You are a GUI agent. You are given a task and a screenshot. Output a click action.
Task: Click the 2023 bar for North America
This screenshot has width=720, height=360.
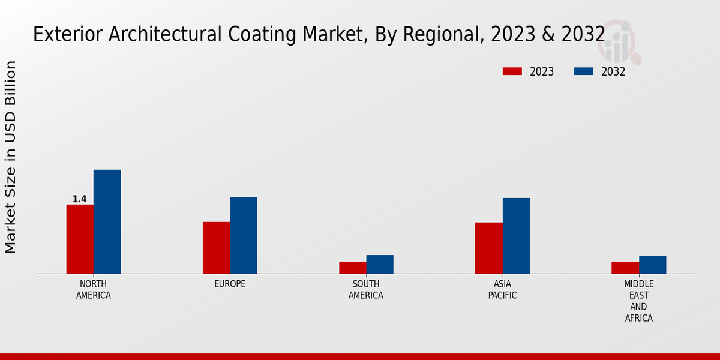[80, 239]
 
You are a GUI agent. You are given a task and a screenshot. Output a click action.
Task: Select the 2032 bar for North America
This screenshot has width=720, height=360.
[107, 221]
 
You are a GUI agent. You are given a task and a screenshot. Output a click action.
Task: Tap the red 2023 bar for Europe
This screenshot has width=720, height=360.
[216, 248]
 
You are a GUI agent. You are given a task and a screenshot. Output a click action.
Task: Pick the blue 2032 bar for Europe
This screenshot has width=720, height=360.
[243, 235]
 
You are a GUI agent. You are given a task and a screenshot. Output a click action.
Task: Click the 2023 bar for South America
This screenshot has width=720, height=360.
[352, 268]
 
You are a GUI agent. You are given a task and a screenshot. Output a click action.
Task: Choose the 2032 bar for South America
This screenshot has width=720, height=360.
[380, 265]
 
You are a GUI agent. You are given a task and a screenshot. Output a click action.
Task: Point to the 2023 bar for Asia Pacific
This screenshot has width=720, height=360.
[489, 248]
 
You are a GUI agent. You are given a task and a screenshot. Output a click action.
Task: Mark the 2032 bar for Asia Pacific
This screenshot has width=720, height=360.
[516, 236]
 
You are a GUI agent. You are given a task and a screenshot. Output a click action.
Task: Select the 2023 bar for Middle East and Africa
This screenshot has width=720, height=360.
[625, 268]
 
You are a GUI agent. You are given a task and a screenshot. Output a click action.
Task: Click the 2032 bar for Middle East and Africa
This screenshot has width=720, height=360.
[652, 265]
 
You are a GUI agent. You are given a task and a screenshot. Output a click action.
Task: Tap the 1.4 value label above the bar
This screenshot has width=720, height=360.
[80, 199]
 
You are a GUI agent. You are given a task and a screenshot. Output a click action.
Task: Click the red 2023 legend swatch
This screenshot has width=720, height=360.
[512, 71]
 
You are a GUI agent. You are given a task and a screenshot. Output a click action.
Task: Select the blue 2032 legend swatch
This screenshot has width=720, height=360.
[583, 71]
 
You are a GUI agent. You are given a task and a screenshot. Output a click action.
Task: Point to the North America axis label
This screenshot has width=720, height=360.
[94, 289]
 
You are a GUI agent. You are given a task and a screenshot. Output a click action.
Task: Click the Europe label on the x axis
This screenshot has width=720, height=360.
[230, 284]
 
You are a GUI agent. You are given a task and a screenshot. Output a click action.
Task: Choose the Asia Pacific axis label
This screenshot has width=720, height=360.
[502, 289]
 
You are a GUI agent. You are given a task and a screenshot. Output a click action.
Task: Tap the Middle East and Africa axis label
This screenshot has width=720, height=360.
[639, 301]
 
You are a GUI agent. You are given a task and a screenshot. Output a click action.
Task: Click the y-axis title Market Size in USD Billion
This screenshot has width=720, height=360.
[11, 157]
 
